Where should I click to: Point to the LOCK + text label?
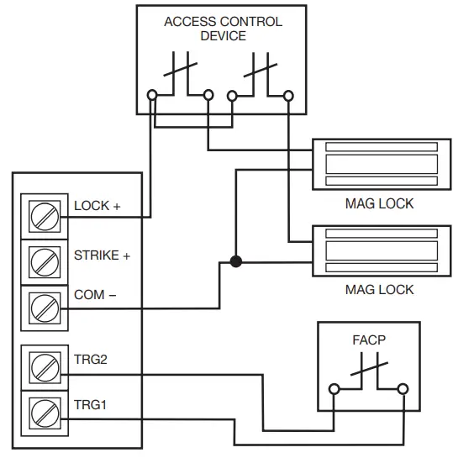pyautogui.click(x=97, y=206)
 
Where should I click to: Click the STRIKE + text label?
pyautogui.click(x=102, y=255)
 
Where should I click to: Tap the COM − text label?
pyautogui.click(x=95, y=296)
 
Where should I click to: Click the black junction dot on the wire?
pyautogui.click(x=236, y=261)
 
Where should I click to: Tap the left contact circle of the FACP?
pyautogui.click(x=334, y=389)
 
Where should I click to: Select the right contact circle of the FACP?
pyautogui.click(x=403, y=389)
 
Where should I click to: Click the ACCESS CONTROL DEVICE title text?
pyautogui.click(x=223, y=29)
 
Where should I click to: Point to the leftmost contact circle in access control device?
pyautogui.click(x=152, y=96)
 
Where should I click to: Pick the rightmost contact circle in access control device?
pyautogui.click(x=288, y=96)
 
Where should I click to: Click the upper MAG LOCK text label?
pyautogui.click(x=379, y=203)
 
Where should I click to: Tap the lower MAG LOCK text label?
pyautogui.click(x=379, y=289)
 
